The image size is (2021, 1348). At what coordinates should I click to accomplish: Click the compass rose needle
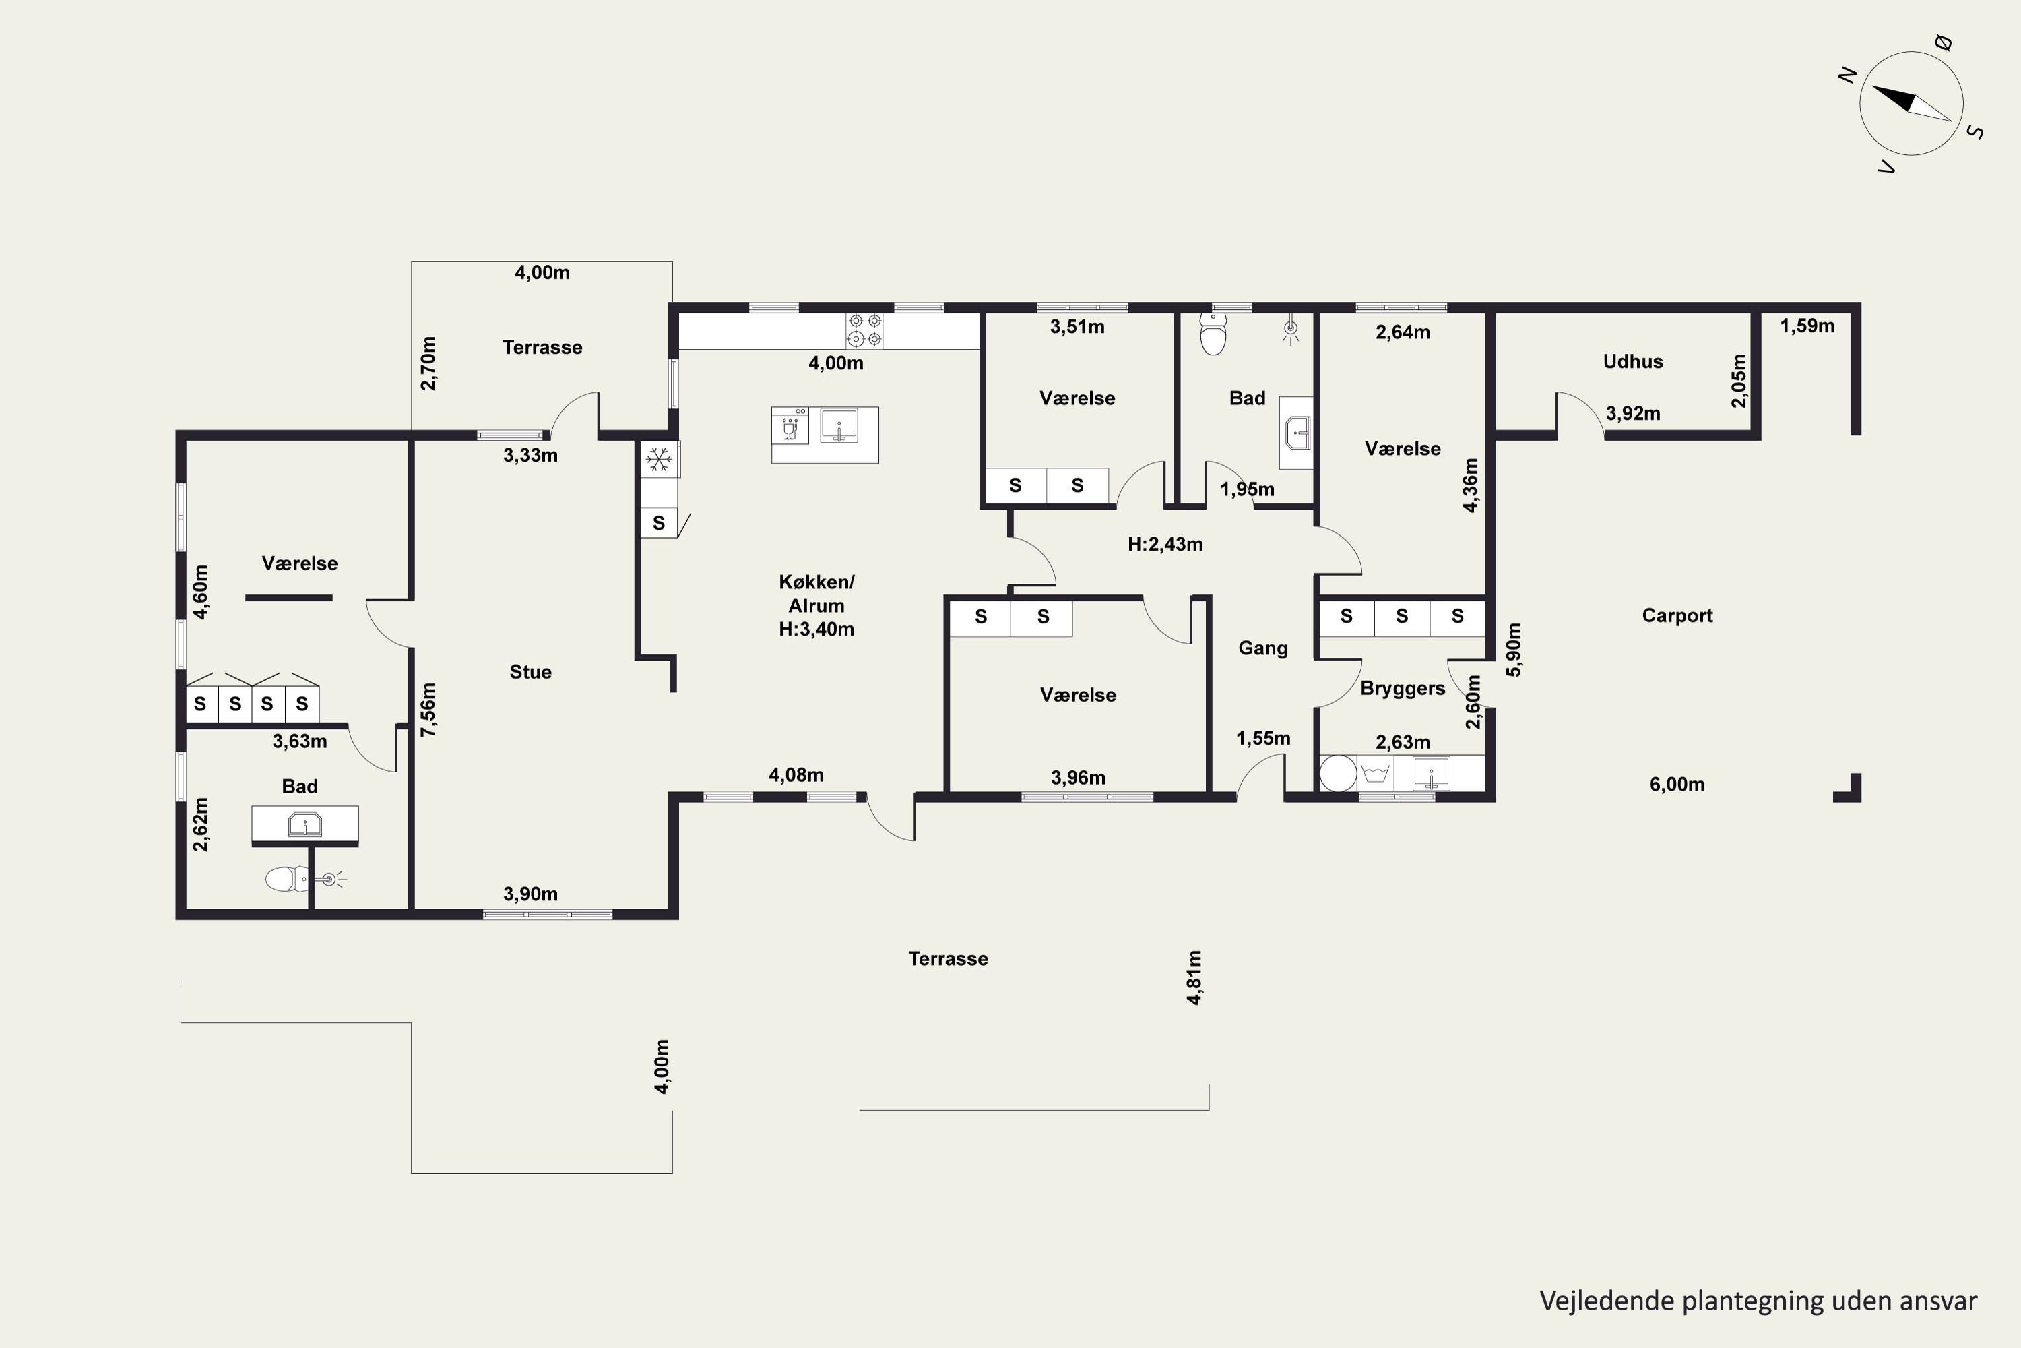point(1911,103)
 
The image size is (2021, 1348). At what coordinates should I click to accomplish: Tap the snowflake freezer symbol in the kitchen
point(659,460)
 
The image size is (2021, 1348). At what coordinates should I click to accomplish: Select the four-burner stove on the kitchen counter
point(864,330)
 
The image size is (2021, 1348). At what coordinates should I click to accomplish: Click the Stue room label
point(530,672)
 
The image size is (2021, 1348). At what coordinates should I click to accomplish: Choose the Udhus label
point(1632,362)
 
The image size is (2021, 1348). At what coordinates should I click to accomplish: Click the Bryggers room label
point(1403,690)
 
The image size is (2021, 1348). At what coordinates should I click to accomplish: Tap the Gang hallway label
point(1263,649)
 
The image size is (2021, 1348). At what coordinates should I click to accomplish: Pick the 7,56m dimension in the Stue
point(428,709)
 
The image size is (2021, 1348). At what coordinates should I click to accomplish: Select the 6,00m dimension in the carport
point(1677,784)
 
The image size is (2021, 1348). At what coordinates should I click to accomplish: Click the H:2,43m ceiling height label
point(1165,544)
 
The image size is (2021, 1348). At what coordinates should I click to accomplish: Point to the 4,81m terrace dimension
point(1194,977)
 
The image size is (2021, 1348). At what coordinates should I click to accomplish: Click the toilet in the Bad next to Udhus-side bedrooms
point(1213,334)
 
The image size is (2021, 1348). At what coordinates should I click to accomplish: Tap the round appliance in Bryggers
point(1338,773)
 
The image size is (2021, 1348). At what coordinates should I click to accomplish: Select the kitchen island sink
point(839,425)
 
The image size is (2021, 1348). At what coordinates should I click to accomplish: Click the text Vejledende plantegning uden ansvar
point(1758,1301)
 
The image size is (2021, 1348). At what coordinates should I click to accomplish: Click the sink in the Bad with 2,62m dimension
point(305,825)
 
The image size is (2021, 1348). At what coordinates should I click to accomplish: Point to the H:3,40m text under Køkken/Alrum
point(816,630)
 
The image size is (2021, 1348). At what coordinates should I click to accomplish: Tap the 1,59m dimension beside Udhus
point(1807,326)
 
